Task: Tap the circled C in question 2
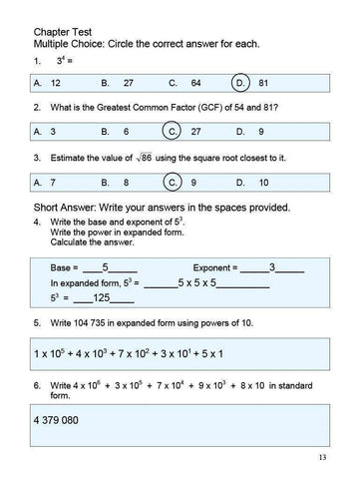(173, 132)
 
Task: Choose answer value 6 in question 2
(126, 132)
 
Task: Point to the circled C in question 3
(173, 183)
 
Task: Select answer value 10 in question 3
(264, 183)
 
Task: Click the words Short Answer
(68, 207)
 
